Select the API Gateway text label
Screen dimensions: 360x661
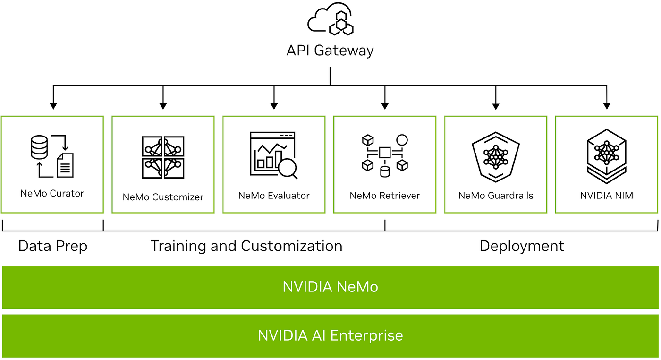[330, 50]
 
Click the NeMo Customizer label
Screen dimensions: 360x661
[163, 197]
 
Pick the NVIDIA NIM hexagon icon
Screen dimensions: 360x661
[607, 155]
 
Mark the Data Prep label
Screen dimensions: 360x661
[53, 246]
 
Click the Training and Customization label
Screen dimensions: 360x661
[246, 246]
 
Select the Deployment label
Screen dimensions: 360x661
[522, 246]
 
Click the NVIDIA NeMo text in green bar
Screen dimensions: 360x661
[330, 287]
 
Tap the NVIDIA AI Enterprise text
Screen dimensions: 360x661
[330, 335]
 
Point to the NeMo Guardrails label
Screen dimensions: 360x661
[496, 195]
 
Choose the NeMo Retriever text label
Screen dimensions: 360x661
[385, 195]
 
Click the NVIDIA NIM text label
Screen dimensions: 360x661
[607, 195]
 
